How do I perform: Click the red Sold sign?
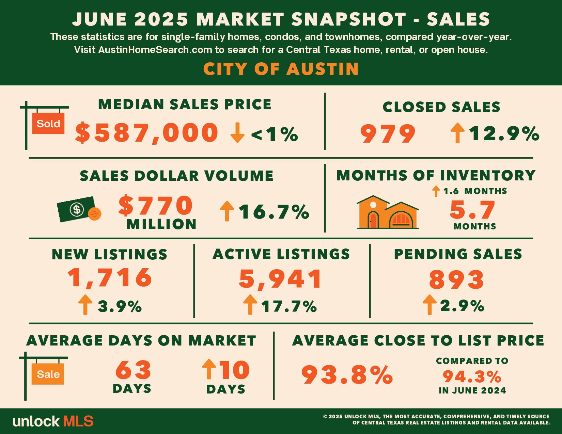point(48,123)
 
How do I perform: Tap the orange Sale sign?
point(48,374)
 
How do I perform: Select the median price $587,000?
point(147,133)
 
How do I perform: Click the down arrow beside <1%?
point(237,133)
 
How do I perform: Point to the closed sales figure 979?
point(388,133)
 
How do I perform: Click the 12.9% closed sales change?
point(504,133)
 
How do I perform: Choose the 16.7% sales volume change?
point(274,212)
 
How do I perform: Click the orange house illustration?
point(387,212)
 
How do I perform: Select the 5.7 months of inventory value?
point(472,210)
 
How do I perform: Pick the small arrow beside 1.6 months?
point(436,191)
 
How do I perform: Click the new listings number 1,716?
point(110,278)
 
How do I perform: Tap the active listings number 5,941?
point(280,279)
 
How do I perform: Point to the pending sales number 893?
point(456,279)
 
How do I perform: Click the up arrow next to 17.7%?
point(250,305)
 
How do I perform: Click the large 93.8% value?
point(347,374)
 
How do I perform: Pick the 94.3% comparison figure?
point(472,376)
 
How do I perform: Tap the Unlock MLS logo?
point(53,421)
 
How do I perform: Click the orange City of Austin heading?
point(281,69)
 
